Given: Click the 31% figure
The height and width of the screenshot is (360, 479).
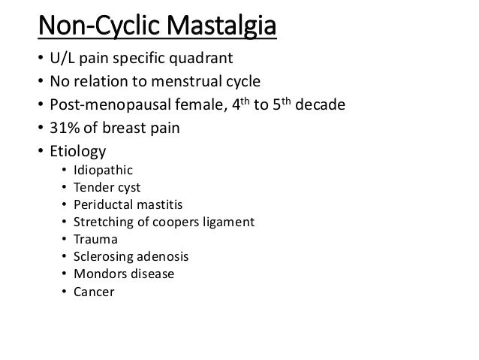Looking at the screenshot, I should [x=62, y=129].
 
